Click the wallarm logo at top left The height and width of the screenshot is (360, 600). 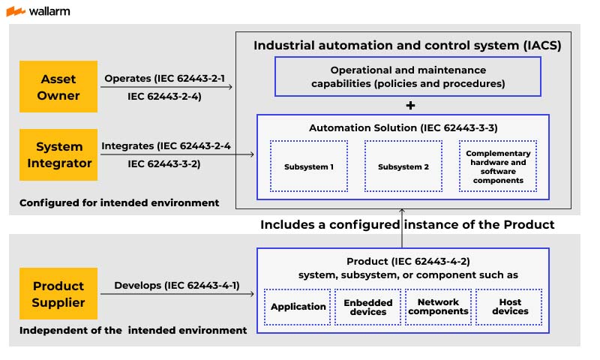(x=38, y=11)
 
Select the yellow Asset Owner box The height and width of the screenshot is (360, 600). (x=59, y=86)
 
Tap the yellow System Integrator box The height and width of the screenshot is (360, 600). (x=59, y=154)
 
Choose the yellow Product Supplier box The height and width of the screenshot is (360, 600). (x=59, y=294)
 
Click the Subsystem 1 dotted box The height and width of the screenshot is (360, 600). (x=309, y=166)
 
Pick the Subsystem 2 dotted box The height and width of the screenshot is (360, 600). (x=403, y=166)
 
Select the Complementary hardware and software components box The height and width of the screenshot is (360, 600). (x=497, y=166)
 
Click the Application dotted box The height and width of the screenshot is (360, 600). (x=298, y=307)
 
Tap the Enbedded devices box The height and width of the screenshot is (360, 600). (x=367, y=307)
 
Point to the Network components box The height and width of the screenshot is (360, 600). (x=437, y=307)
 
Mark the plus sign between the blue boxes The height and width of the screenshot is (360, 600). (x=409, y=105)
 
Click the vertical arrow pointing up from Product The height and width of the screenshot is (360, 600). (x=402, y=229)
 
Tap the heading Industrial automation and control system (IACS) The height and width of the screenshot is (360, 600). (x=407, y=45)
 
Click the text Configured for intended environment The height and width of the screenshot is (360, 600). (x=119, y=202)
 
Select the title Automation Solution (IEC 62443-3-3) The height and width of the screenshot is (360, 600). (x=403, y=128)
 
